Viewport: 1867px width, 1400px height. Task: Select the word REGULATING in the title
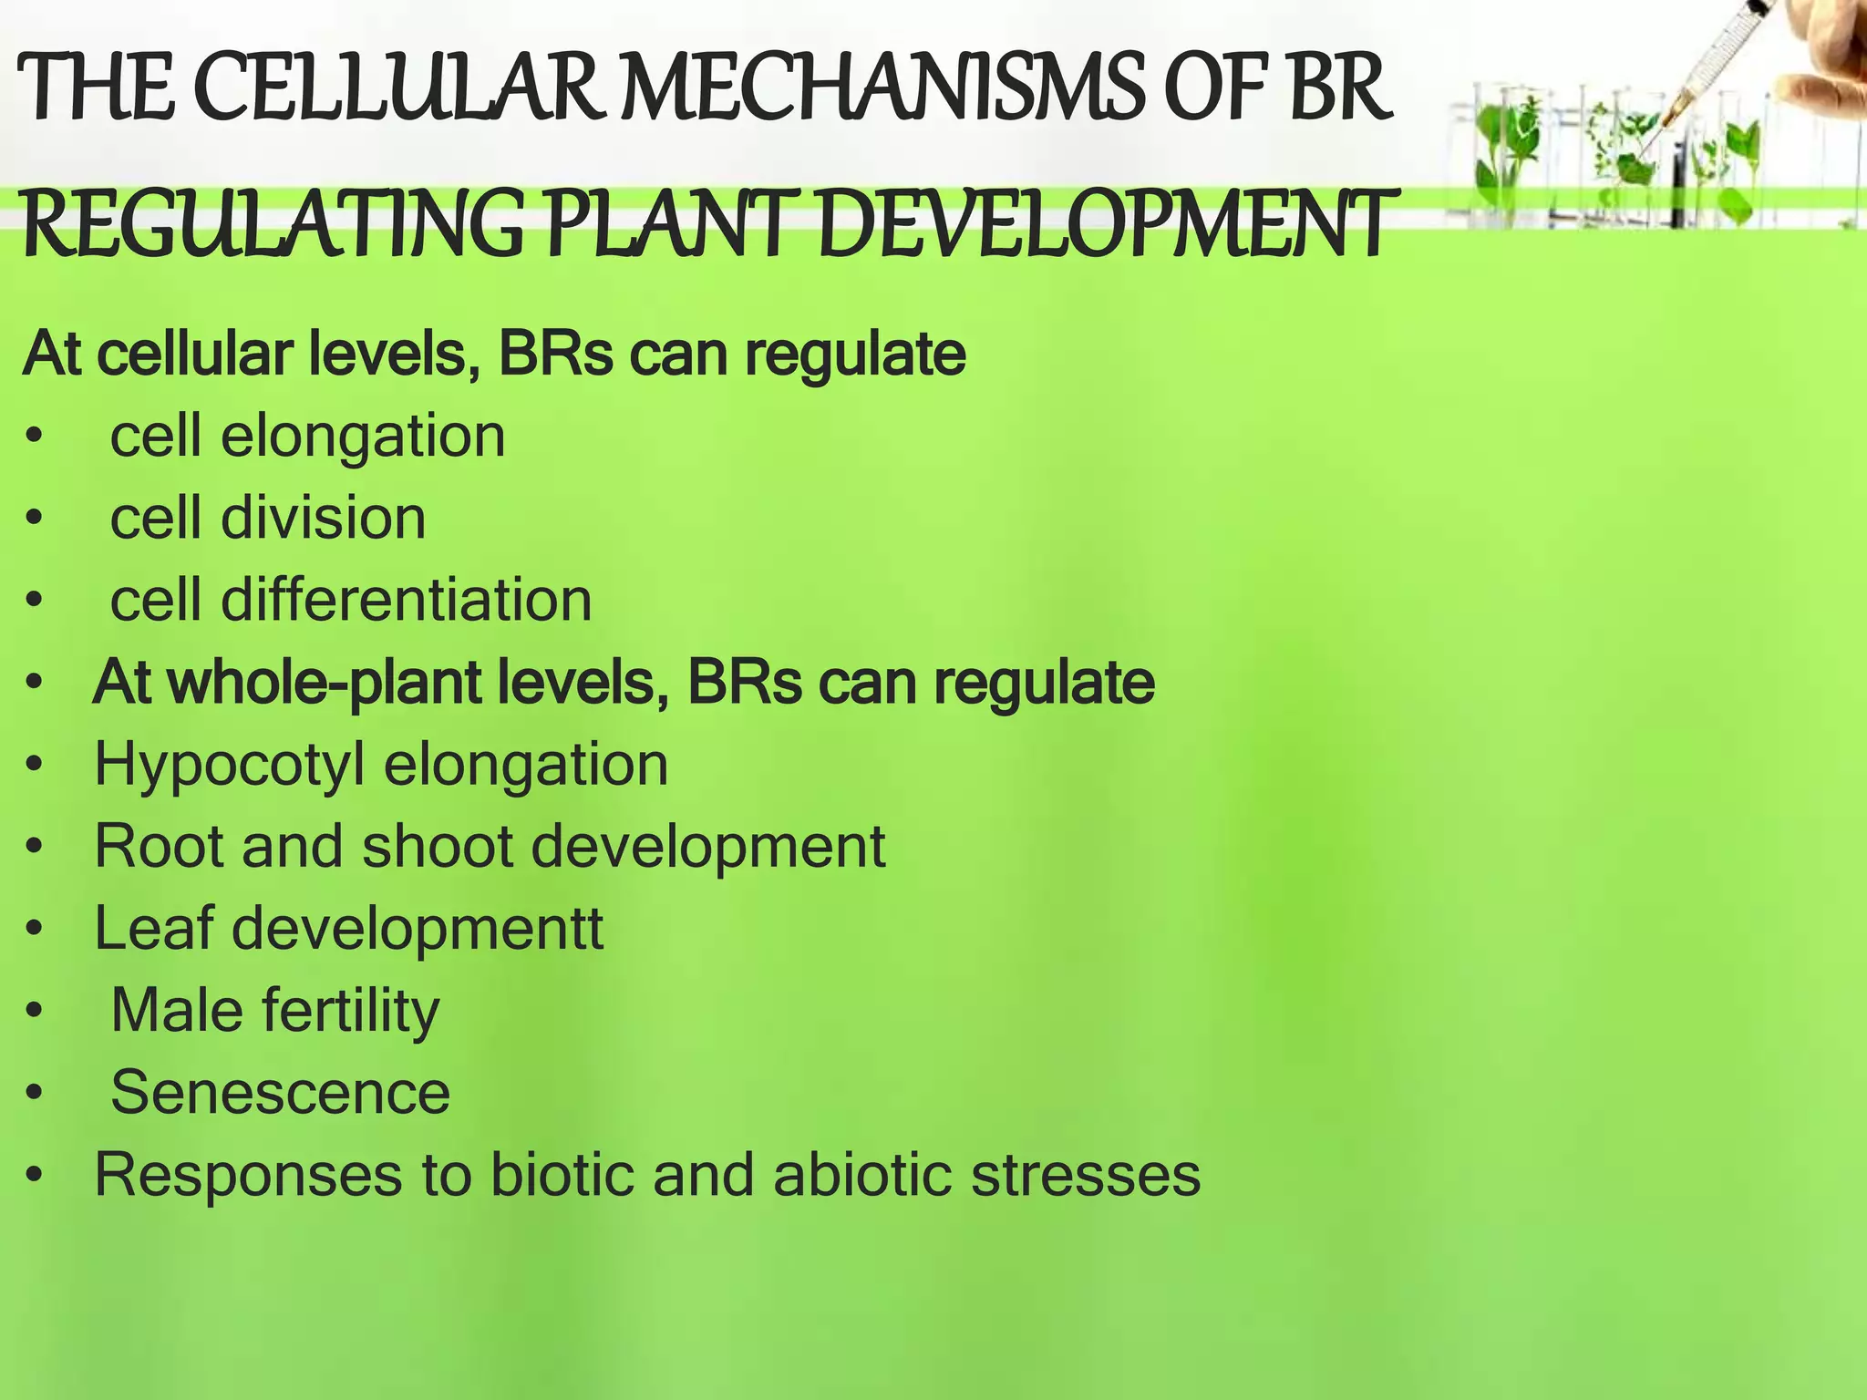point(273,224)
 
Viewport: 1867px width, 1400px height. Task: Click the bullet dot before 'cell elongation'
point(35,437)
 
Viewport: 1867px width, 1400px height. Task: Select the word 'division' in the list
point(323,518)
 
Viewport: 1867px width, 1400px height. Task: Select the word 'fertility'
point(351,1011)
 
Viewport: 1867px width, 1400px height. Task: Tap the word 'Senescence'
point(280,1092)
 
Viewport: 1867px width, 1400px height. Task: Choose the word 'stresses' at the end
point(1086,1174)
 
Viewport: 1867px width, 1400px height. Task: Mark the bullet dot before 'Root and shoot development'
point(35,848)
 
